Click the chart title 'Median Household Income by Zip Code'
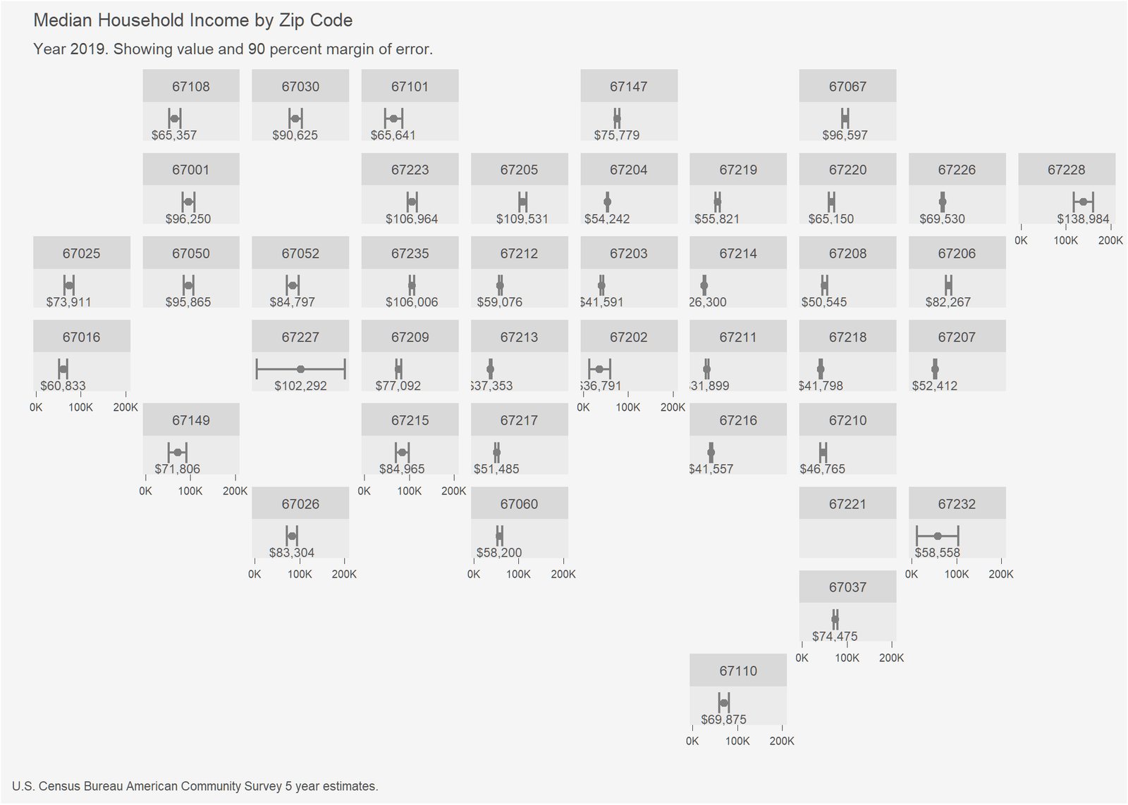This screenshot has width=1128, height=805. coord(192,20)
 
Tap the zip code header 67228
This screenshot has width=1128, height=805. coord(1066,170)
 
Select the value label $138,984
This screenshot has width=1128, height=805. coord(1083,219)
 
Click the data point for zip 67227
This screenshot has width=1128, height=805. coord(300,369)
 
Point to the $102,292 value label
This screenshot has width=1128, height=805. coord(300,386)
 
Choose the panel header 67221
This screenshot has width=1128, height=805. coord(847,504)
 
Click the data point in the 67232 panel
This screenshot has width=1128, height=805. coord(938,536)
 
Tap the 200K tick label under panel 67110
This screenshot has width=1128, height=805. coord(782,741)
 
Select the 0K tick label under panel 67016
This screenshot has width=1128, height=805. coord(36,407)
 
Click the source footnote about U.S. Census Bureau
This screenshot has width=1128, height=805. coord(195,786)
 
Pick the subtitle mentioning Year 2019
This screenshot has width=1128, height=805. coord(233,49)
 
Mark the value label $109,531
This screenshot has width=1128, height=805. coord(522,219)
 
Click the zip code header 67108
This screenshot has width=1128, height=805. coord(191,87)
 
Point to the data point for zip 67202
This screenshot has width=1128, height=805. coord(599,369)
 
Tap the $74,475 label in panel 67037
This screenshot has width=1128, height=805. coord(835,636)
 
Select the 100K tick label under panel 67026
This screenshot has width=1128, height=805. coord(300,574)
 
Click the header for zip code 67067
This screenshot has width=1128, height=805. coord(847,87)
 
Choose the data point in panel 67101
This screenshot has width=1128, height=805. coord(393,118)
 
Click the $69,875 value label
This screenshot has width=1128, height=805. coord(723,719)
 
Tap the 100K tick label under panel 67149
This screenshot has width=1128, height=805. coord(190,491)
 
